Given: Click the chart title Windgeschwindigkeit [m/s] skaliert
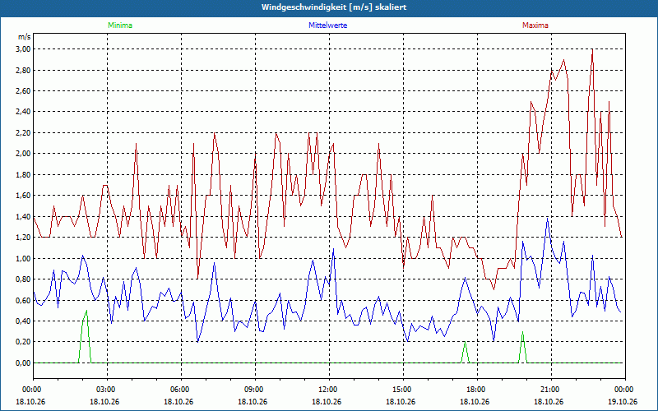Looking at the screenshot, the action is pos(334,7).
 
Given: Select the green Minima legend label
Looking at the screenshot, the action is pos(120,25).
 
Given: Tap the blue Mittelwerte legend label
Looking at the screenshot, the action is pos(327,25).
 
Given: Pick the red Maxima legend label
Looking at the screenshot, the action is pos(535,25).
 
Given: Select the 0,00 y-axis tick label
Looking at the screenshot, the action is pos(24,363).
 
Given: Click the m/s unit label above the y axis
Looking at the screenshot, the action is pos(25,37).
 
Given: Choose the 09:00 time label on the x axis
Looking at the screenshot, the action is pos(255,390).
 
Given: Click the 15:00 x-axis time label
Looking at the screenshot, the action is pos(403,390).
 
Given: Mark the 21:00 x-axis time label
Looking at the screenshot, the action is pos(551,390).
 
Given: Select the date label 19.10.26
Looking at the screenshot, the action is pos(623,402).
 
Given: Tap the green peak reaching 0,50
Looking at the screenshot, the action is pos(86,311).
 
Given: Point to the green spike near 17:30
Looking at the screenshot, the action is pos(465,342).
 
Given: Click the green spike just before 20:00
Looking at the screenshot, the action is pos(522,332).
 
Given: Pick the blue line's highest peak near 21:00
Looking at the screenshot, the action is pos(547,218).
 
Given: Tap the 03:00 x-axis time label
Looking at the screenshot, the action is pos(107,390).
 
